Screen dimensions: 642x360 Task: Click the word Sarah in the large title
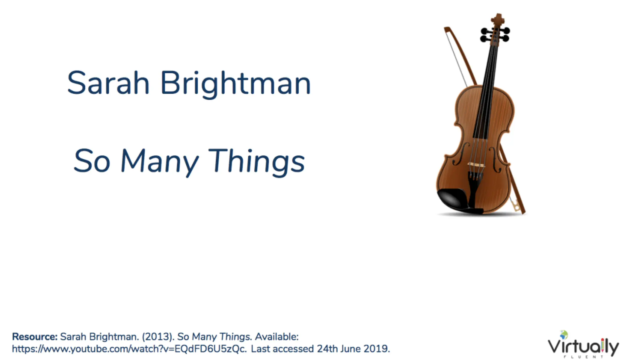pyautogui.click(x=108, y=83)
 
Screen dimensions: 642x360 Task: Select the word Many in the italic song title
pyautogui.click(x=160, y=162)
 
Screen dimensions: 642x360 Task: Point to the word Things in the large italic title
pyautogui.click(x=256, y=162)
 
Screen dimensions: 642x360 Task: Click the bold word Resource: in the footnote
pyautogui.click(x=35, y=337)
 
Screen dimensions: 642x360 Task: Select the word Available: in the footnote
pyautogui.click(x=277, y=337)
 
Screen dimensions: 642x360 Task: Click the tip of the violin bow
pyautogui.click(x=446, y=29)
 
